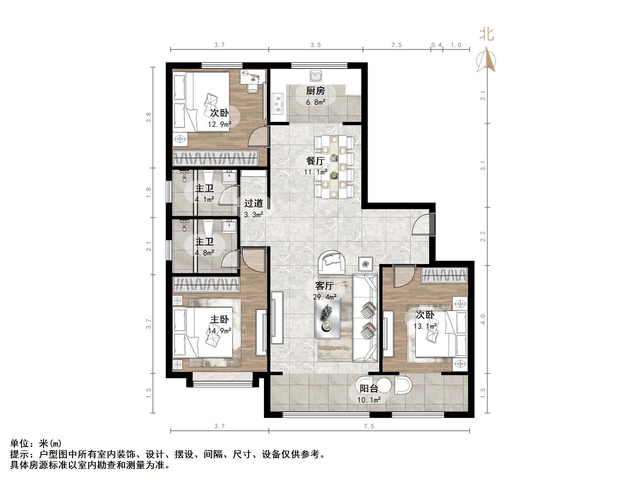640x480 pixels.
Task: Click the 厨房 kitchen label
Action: click(x=315, y=91)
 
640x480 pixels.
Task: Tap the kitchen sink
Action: click(x=315, y=76)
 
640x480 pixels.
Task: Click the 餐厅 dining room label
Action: click(x=315, y=161)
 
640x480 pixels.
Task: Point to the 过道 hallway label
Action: click(x=253, y=204)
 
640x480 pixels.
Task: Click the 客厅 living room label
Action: click(x=324, y=286)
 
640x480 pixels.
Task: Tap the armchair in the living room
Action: click(x=332, y=263)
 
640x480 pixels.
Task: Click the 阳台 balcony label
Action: click(x=369, y=389)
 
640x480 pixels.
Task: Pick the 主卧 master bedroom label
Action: click(x=219, y=319)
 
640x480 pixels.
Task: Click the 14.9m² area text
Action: click(x=219, y=331)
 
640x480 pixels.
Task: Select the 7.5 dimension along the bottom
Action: click(x=369, y=426)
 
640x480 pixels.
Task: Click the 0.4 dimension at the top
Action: click(x=437, y=45)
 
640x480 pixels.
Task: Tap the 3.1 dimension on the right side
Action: click(x=483, y=165)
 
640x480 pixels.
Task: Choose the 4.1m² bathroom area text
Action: click(x=204, y=199)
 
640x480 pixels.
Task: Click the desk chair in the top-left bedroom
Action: click(x=253, y=87)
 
